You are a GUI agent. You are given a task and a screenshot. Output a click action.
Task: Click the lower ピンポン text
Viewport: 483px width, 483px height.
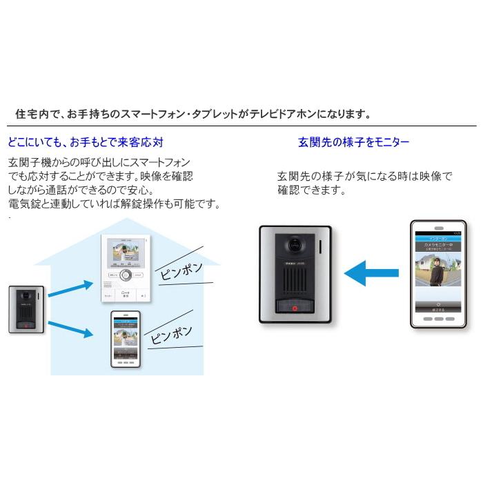point(172,332)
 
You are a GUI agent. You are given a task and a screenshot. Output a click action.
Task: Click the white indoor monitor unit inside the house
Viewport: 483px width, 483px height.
point(125,268)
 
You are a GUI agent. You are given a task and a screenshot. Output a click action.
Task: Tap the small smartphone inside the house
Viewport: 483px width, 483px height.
point(125,339)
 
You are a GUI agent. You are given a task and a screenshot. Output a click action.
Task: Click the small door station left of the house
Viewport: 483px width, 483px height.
point(26,306)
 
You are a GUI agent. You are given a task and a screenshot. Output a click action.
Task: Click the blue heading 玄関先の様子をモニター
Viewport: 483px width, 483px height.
point(353,143)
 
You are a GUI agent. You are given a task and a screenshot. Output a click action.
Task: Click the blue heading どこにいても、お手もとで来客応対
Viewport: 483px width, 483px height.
point(85,143)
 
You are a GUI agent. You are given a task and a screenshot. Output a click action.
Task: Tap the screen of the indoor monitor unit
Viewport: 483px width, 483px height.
point(125,253)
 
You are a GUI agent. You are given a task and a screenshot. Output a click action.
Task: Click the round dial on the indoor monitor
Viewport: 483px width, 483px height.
point(125,276)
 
